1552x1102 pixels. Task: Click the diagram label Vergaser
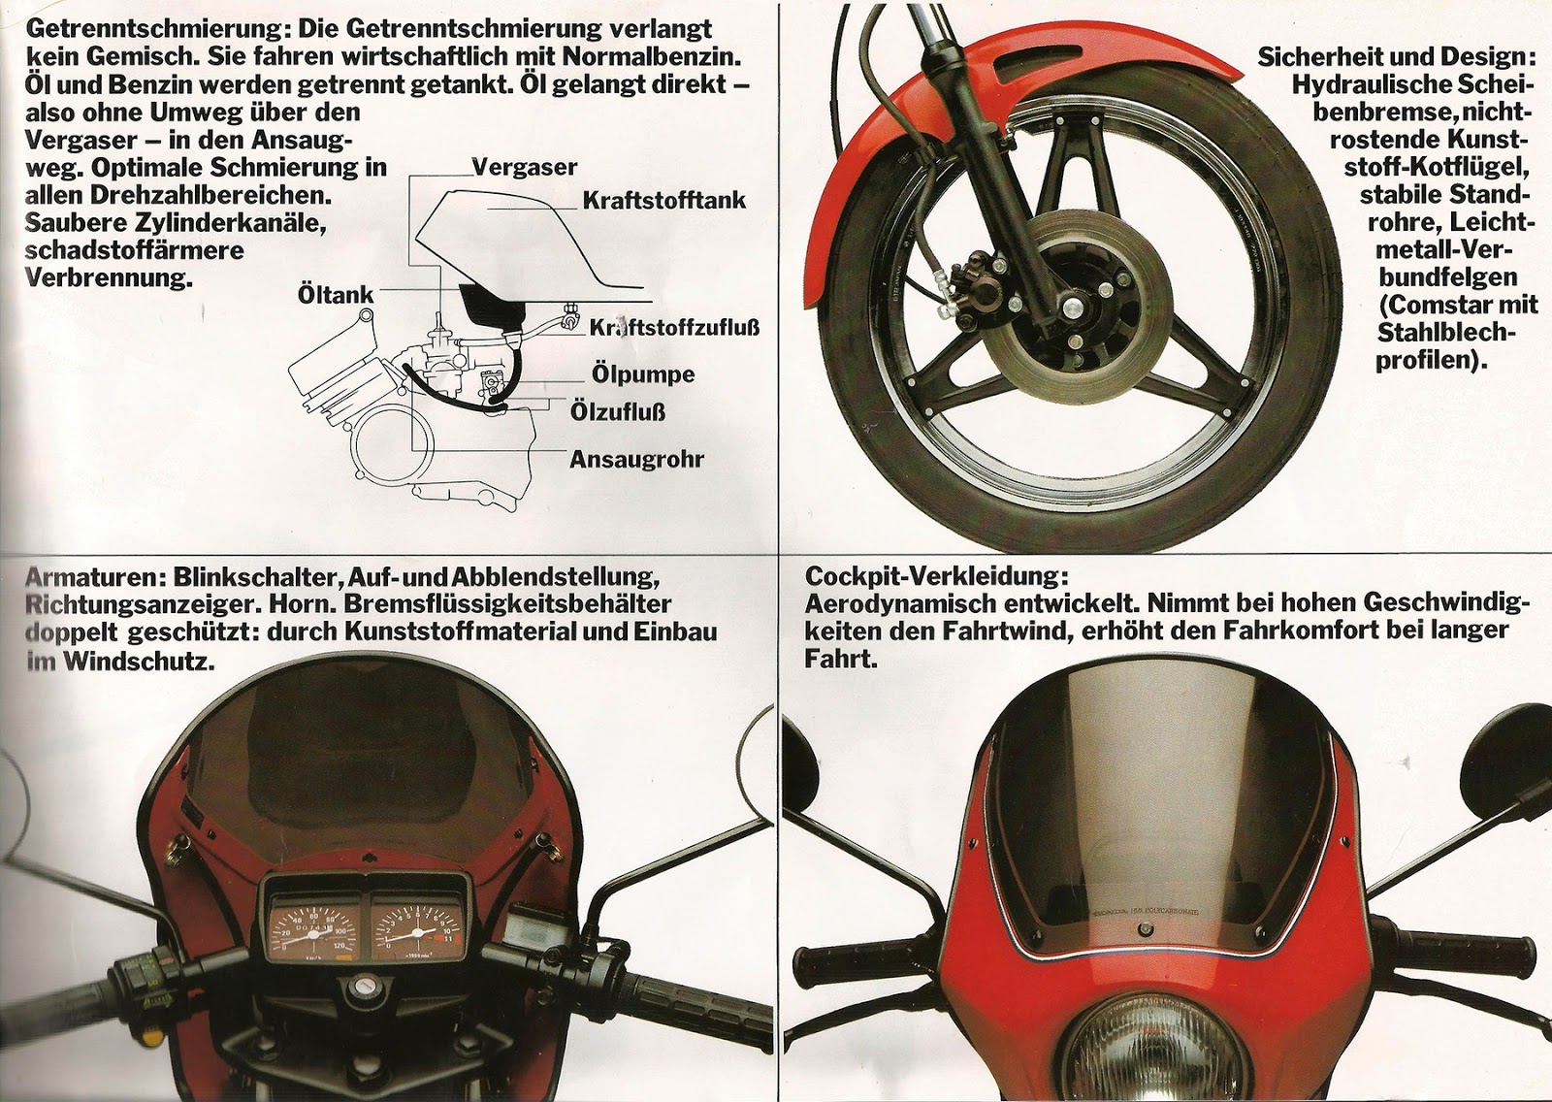(x=524, y=168)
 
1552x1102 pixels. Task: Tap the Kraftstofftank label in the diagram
(x=664, y=200)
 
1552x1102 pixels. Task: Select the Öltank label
(x=336, y=294)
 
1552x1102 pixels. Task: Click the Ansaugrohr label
(x=636, y=458)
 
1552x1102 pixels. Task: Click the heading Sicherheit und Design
(x=1397, y=57)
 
